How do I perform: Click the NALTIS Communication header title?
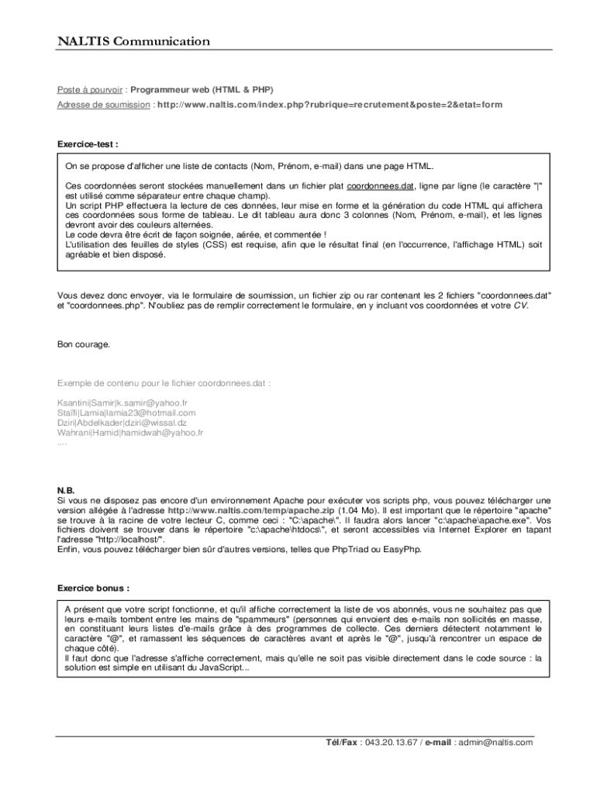tap(133, 41)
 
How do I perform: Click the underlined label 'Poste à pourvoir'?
tap(91, 89)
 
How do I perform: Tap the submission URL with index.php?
tap(330, 105)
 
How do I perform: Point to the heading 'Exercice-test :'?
tap(88, 144)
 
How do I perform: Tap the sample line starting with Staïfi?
tap(126, 413)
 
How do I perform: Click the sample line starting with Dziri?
tap(122, 423)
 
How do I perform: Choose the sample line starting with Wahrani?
tap(130, 433)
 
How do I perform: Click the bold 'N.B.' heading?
tap(66, 491)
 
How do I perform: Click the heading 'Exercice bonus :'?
tap(93, 587)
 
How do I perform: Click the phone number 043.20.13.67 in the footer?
tap(392, 742)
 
